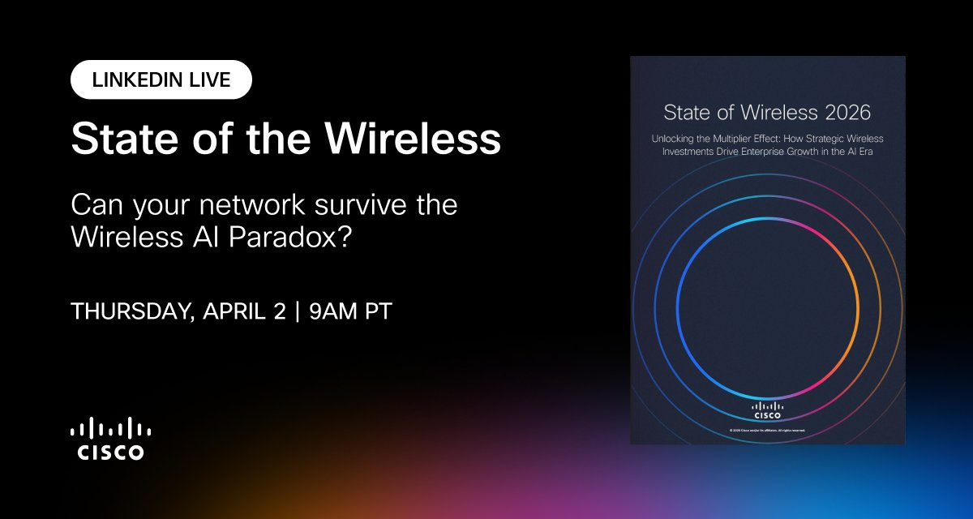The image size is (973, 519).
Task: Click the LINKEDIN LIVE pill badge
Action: pyautogui.click(x=161, y=80)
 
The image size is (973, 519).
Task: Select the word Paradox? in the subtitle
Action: pyautogui.click(x=298, y=237)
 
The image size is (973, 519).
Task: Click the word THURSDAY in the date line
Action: pyautogui.click(x=127, y=312)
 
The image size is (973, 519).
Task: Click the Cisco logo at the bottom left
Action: pyautogui.click(x=111, y=439)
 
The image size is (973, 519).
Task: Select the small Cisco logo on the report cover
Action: pyautogui.click(x=768, y=410)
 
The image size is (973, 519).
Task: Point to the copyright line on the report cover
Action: pyautogui.click(x=768, y=430)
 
